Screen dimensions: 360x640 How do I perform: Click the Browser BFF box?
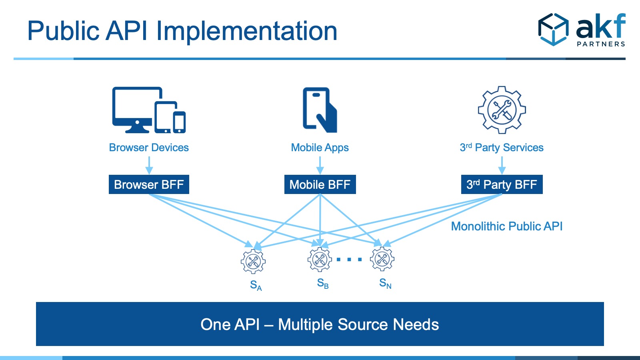coord(149,184)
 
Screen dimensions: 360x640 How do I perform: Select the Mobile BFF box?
coord(320,184)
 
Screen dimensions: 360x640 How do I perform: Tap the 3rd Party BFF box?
coord(502,184)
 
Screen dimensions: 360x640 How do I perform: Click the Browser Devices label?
coord(149,148)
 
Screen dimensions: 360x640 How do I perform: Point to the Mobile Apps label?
coord(320,148)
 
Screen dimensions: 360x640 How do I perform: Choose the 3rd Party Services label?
coord(502,148)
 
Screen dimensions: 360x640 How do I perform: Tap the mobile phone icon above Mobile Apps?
coord(320,110)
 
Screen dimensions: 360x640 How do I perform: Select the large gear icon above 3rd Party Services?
coord(502,110)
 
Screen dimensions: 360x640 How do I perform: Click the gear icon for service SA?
coord(253,262)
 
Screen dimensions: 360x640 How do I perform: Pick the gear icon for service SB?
coord(320,260)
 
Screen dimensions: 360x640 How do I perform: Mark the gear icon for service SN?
coord(382,259)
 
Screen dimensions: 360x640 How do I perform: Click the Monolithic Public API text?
coord(507,226)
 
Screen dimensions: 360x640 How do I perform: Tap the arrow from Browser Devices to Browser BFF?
coord(149,165)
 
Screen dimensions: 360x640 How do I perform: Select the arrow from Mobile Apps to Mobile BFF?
coord(320,165)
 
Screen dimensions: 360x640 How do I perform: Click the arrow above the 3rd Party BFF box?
coord(502,165)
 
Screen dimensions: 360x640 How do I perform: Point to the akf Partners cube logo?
coord(553,30)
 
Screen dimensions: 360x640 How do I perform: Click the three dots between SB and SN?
coord(349,260)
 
